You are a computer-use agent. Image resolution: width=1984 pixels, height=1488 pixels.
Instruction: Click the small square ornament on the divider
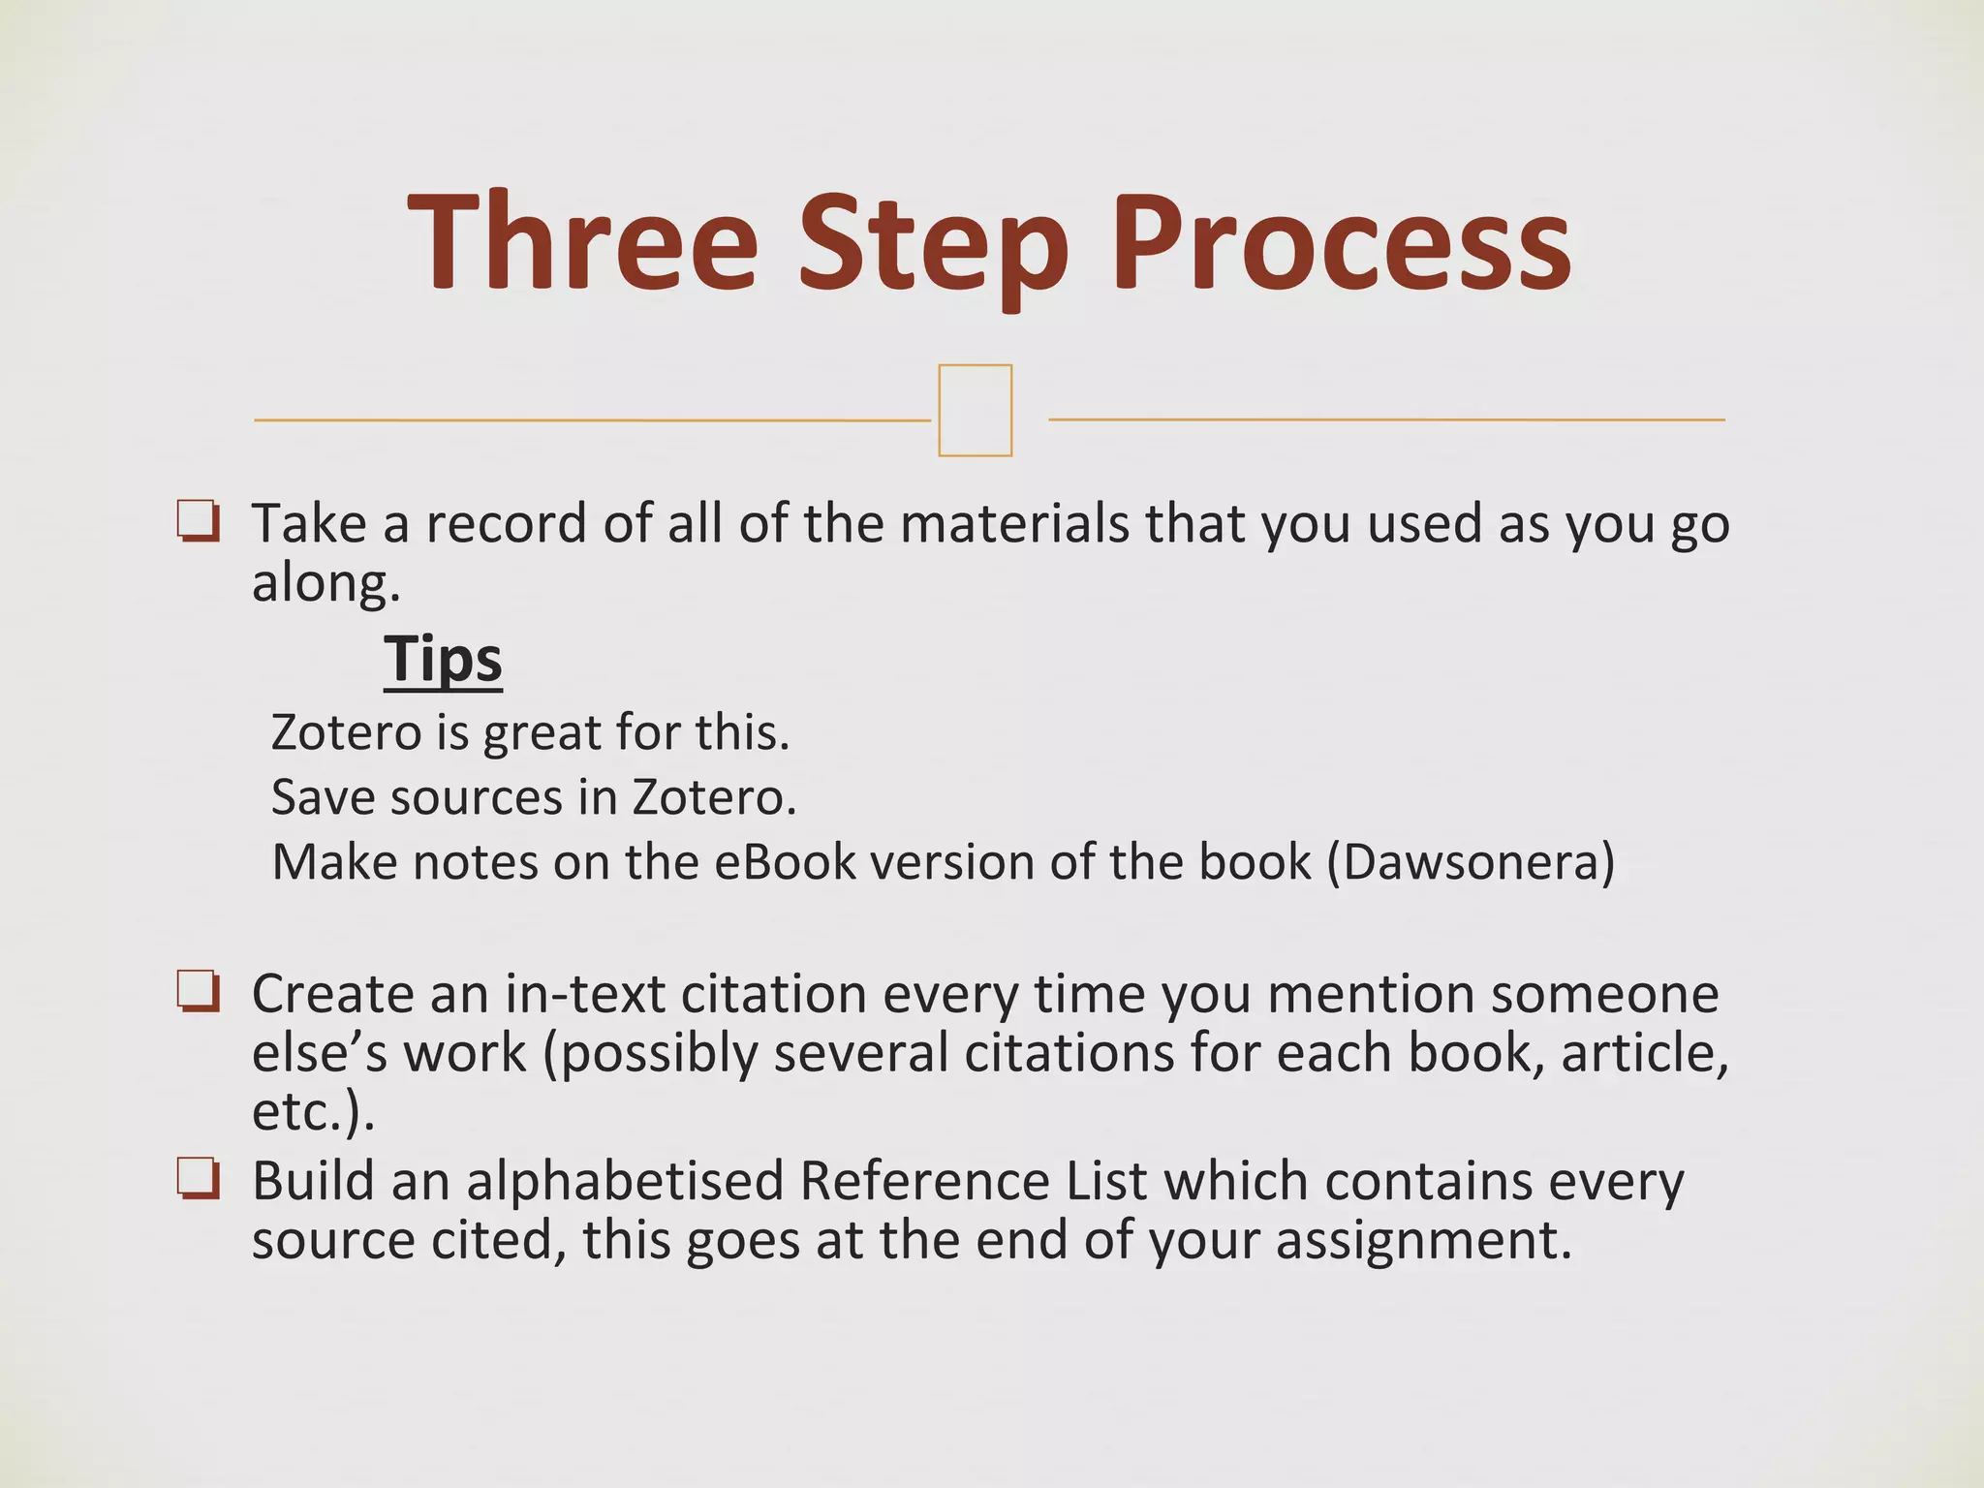975,410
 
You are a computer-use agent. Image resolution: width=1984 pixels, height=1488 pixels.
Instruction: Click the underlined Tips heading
443,660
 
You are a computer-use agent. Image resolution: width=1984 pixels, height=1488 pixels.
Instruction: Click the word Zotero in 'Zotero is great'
345,732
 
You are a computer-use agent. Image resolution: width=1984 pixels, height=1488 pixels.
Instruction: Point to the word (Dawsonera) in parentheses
1470,861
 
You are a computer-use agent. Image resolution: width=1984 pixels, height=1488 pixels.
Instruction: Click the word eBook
785,861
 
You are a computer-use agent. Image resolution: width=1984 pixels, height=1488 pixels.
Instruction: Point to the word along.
325,583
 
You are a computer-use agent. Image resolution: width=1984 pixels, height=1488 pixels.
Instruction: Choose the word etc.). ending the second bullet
312,1112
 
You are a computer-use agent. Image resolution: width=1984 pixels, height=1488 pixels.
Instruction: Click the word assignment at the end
1422,1240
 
